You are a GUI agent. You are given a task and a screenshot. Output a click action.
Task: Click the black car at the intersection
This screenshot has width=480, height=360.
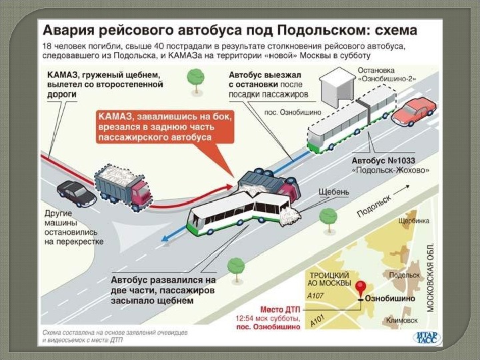(77, 193)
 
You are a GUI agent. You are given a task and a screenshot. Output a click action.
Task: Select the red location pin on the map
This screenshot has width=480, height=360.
(361, 289)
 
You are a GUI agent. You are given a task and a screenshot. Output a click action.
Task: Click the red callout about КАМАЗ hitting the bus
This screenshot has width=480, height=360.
(156, 126)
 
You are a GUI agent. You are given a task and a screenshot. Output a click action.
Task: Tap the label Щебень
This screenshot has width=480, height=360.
(334, 193)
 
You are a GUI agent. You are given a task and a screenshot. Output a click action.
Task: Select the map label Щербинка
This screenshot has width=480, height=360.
(413, 221)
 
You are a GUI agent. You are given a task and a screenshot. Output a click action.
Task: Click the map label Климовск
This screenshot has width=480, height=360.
(401, 321)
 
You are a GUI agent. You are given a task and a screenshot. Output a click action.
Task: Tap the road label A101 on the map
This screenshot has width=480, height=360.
(318, 323)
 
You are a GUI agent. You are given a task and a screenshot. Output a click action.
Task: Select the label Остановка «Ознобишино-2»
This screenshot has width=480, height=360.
(387, 74)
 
